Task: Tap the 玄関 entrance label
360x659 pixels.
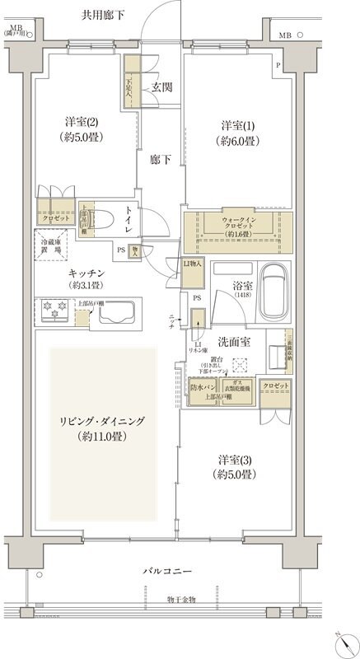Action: [161, 87]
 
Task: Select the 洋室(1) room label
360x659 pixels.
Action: [238, 133]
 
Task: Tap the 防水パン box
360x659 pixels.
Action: [202, 387]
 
